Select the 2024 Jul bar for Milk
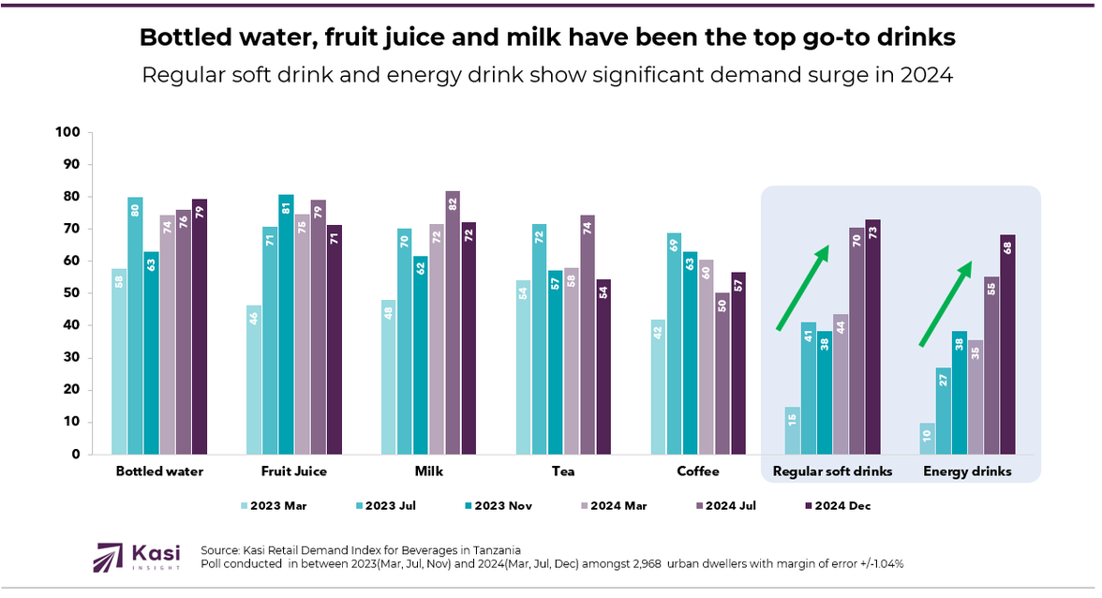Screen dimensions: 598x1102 453,322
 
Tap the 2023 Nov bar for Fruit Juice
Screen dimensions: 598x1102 286,324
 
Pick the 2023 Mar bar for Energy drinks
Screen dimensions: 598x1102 928,438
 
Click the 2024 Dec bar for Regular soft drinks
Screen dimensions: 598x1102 873,336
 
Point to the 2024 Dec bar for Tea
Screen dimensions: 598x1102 603,366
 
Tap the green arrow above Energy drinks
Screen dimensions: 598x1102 945,304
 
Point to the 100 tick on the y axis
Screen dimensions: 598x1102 68,132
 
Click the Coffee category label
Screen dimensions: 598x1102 699,471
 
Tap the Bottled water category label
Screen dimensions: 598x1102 158,471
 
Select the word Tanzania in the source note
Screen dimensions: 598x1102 493,549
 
